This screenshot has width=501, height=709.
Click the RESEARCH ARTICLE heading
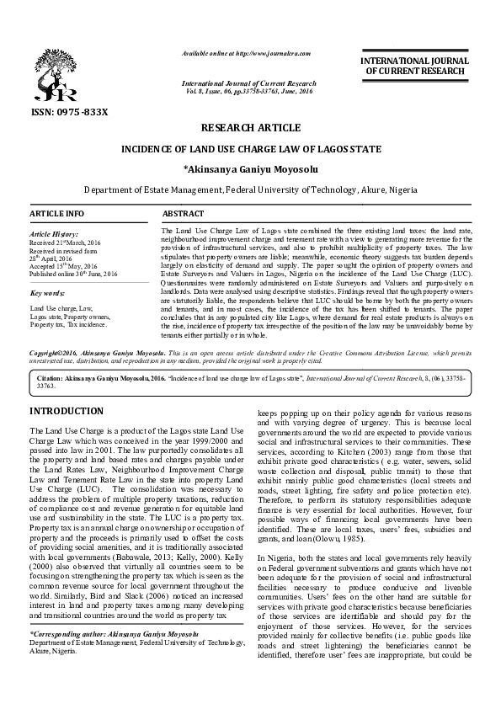pyautogui.click(x=250, y=128)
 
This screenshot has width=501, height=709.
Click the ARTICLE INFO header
pyautogui.click(x=57, y=215)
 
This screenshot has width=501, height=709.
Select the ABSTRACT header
pyautogui.click(x=184, y=215)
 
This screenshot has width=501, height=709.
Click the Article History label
pyautogui.click(x=56, y=233)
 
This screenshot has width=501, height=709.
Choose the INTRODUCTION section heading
pyautogui.click(x=67, y=410)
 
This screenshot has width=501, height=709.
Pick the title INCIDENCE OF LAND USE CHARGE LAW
pyautogui.click(x=250, y=149)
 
